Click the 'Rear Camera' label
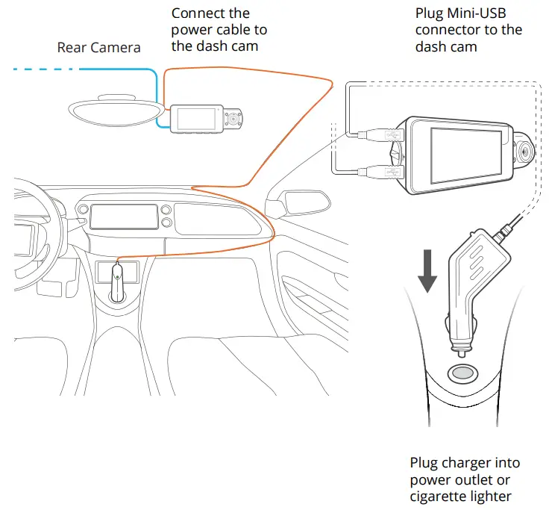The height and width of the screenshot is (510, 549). [x=98, y=48]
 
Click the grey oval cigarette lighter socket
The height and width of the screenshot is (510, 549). [x=461, y=373]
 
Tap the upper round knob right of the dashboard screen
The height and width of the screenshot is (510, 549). [x=166, y=208]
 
